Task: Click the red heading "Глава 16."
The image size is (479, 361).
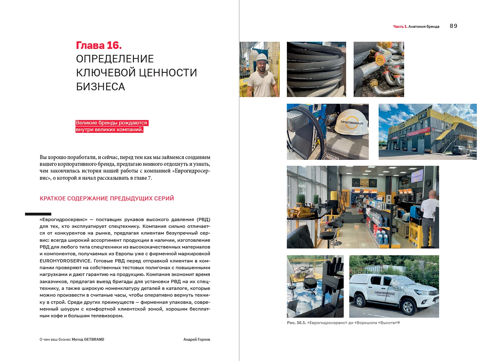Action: click(99, 45)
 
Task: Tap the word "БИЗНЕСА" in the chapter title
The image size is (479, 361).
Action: click(101, 87)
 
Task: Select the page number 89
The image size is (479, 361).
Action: click(453, 26)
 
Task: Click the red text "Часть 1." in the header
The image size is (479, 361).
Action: click(400, 27)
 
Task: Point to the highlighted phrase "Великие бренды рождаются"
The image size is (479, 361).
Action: click(111, 123)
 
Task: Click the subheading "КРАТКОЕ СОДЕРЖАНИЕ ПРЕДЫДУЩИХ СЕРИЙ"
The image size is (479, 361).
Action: click(107, 198)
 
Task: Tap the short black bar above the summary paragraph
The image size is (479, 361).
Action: click(38, 214)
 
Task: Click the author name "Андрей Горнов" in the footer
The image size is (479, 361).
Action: click(197, 339)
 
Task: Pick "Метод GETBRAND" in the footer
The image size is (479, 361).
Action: click(88, 339)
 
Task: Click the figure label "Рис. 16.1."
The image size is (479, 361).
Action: click(296, 323)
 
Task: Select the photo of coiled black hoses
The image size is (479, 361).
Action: click(316, 69)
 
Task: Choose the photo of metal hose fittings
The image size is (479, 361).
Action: click(378, 69)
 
